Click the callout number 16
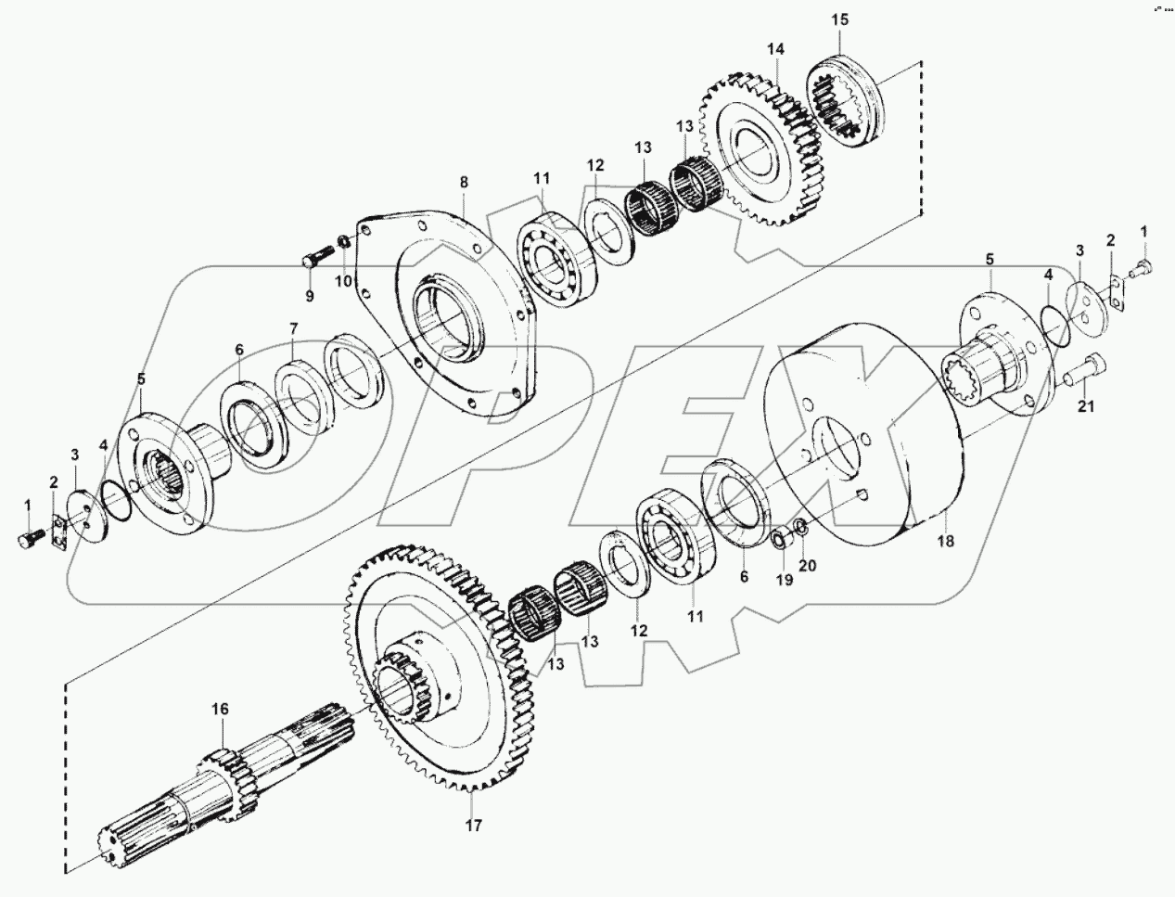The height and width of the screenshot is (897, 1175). tap(219, 710)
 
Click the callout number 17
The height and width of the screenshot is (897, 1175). tap(473, 824)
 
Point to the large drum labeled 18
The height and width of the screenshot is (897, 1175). tap(862, 436)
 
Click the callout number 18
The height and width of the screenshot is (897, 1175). tap(944, 540)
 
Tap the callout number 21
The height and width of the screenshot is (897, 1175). tap(1086, 406)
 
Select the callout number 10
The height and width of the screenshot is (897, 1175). tap(345, 280)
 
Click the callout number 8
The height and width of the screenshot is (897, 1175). tap(464, 184)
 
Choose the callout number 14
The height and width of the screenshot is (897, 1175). tap(775, 48)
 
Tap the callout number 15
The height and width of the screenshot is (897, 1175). tap(839, 19)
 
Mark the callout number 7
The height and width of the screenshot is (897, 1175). tap(294, 328)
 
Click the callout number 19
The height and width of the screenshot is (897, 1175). tap(785, 580)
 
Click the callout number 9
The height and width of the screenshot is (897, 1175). tap(310, 296)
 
